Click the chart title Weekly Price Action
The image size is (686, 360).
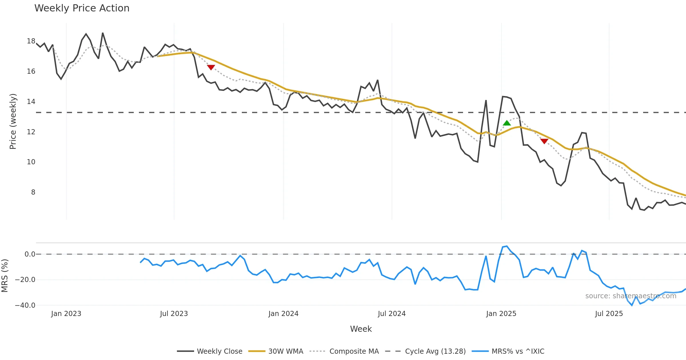(x=82, y=8)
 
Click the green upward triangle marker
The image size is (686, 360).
(x=507, y=123)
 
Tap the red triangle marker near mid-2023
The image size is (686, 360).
(x=211, y=67)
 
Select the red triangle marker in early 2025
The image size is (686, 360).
(x=544, y=141)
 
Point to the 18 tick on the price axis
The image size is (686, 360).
(x=31, y=41)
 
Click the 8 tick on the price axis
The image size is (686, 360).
(x=33, y=192)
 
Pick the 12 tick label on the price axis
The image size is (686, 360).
(x=31, y=132)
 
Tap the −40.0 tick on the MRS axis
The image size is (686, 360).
(x=25, y=305)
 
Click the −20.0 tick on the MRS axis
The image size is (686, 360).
(x=25, y=280)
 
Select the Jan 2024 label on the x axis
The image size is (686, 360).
(x=283, y=314)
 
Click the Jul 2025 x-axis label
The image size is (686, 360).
(x=609, y=314)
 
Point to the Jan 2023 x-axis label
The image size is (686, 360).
(x=66, y=314)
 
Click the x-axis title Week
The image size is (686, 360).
(x=361, y=329)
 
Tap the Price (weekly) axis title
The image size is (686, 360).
(x=13, y=121)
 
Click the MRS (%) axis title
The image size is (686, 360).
(x=5, y=276)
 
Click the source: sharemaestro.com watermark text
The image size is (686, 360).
(x=631, y=296)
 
